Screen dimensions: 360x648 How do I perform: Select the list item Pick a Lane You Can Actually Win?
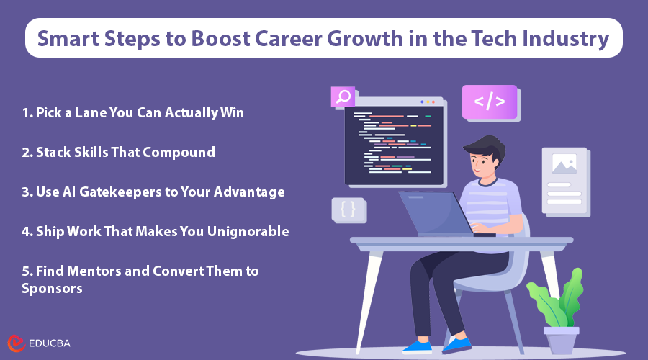pos(133,113)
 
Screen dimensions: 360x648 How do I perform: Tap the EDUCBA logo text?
pos(50,343)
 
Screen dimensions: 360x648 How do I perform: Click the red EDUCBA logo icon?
pos(17,343)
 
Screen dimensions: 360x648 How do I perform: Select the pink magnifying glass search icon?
pos(343,96)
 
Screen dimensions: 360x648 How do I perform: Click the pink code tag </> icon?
pos(490,102)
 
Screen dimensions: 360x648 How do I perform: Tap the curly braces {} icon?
pos(348,210)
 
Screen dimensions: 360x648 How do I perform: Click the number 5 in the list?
pos(26,271)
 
